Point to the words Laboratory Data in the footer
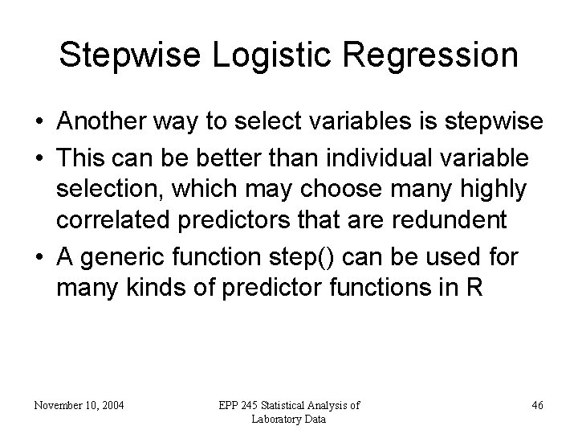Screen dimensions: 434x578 click(288, 419)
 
